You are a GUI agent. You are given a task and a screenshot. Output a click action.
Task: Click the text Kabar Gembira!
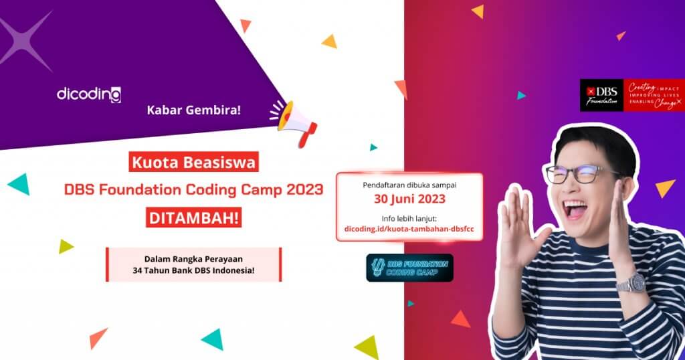[x=193, y=110]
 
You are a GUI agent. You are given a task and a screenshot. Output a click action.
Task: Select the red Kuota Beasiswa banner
[x=193, y=163]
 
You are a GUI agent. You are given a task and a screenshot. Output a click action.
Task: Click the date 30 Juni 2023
[x=409, y=199]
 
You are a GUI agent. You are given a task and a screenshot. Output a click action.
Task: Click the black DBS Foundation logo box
[x=601, y=95]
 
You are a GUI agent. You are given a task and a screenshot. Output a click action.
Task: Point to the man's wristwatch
[x=631, y=282]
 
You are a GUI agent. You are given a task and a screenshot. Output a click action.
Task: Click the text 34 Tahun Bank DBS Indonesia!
[x=193, y=271]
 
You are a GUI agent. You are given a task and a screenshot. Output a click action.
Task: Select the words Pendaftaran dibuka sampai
[x=409, y=182]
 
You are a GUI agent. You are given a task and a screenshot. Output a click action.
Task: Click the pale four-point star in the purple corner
[x=27, y=40]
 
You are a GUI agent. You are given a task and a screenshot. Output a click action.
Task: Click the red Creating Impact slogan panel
[x=654, y=95]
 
